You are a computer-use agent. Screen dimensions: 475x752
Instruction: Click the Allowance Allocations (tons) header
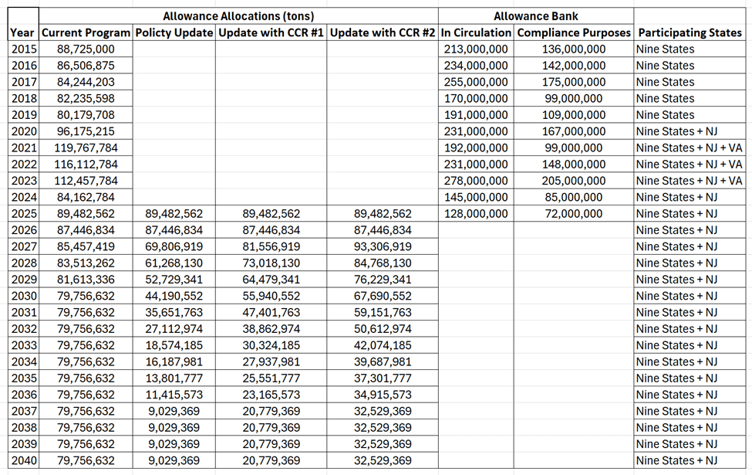[238, 16]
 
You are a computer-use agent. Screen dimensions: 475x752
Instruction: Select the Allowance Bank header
[535, 16]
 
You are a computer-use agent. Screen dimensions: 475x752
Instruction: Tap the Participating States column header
[690, 32]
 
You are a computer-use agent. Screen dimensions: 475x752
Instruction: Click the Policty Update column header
[174, 32]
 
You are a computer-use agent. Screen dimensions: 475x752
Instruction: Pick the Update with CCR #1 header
[271, 32]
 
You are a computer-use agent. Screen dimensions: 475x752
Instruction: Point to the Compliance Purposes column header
[574, 32]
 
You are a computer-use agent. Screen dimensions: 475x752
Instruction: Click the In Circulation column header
[476, 32]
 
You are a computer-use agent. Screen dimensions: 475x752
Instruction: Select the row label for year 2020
[23, 131]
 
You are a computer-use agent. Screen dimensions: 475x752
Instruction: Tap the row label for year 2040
[23, 460]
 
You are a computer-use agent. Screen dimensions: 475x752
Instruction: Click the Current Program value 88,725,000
[86, 49]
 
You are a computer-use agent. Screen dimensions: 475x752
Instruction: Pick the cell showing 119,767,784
[86, 148]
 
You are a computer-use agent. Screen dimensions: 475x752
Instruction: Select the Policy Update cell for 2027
[174, 246]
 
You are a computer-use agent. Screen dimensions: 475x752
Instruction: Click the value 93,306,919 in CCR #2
[383, 246]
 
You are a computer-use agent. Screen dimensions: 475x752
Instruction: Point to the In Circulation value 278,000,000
[476, 181]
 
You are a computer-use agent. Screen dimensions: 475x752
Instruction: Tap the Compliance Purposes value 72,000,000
[574, 213]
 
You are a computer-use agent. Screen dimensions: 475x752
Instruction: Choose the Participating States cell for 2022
[689, 164]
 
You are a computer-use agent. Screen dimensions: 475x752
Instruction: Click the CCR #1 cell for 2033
[271, 345]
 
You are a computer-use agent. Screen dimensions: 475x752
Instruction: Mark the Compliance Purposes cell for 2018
[574, 98]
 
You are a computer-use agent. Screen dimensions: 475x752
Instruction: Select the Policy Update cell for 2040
[174, 460]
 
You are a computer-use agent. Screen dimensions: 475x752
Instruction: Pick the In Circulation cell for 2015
[476, 49]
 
